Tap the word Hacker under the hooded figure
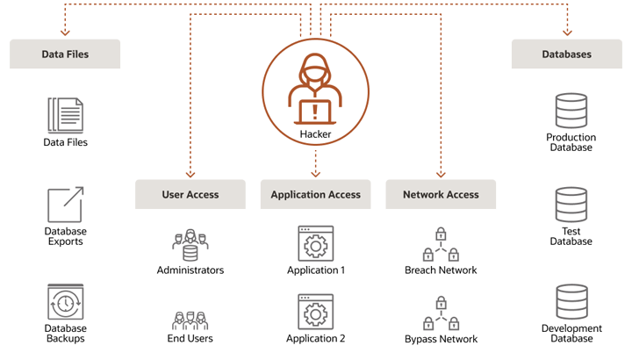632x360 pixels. (315, 134)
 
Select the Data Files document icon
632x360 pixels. (66, 115)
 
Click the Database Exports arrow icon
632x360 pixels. (65, 205)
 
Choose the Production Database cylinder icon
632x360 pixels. (571, 112)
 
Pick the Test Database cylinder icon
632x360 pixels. (571, 205)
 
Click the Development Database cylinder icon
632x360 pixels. (571, 302)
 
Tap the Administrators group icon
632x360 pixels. (190, 245)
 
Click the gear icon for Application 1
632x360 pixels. (316, 244)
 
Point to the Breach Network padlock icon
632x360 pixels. (441, 245)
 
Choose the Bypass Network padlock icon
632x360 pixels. (441, 313)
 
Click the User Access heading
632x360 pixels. (190, 195)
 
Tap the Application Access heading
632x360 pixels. (315, 195)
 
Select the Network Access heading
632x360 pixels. (441, 195)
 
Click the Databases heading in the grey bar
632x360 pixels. (566, 54)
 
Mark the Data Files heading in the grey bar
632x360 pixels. (65, 54)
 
